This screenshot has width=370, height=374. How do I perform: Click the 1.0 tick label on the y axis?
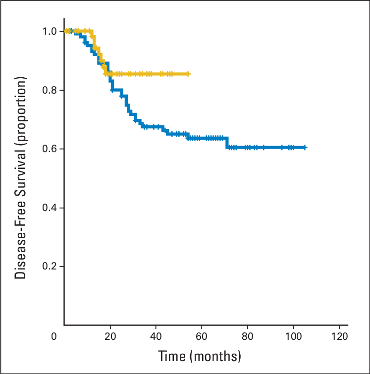click(51, 31)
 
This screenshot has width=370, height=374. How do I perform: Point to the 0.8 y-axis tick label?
click(51, 90)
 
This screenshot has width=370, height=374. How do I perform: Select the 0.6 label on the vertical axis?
click(51, 149)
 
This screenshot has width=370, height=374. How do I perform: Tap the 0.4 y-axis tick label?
click(51, 207)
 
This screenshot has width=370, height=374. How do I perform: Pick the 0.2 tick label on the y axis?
click(51, 266)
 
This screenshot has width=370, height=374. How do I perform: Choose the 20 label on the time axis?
click(110, 337)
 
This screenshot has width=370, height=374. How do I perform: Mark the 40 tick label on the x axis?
click(156, 337)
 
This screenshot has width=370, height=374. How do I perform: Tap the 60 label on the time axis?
click(202, 337)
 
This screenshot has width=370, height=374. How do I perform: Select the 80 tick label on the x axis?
click(248, 337)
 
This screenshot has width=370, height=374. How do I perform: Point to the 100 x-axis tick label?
click(293, 337)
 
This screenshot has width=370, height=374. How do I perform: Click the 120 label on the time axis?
click(339, 337)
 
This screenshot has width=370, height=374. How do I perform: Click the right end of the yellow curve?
click(189, 74)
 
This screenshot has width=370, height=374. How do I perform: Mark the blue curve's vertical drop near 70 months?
click(227, 143)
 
